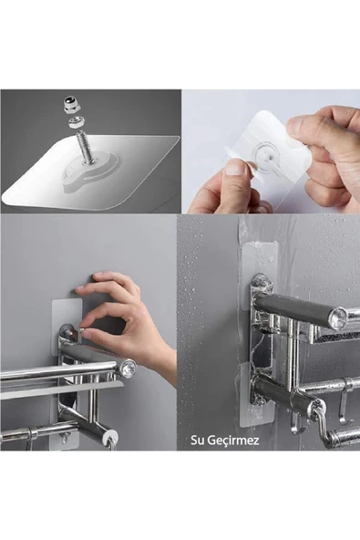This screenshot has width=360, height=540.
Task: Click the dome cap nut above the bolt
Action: [72, 105]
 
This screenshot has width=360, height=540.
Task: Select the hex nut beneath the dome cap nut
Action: [76, 122]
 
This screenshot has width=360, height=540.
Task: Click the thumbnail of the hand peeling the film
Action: [272, 151]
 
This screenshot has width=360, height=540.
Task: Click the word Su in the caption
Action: [197, 441]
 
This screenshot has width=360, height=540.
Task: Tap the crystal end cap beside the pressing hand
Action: [129, 368]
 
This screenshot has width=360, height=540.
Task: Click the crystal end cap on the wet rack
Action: [338, 316]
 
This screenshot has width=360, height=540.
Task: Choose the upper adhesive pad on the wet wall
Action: [261, 274]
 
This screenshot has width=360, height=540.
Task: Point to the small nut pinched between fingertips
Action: [83, 331]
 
